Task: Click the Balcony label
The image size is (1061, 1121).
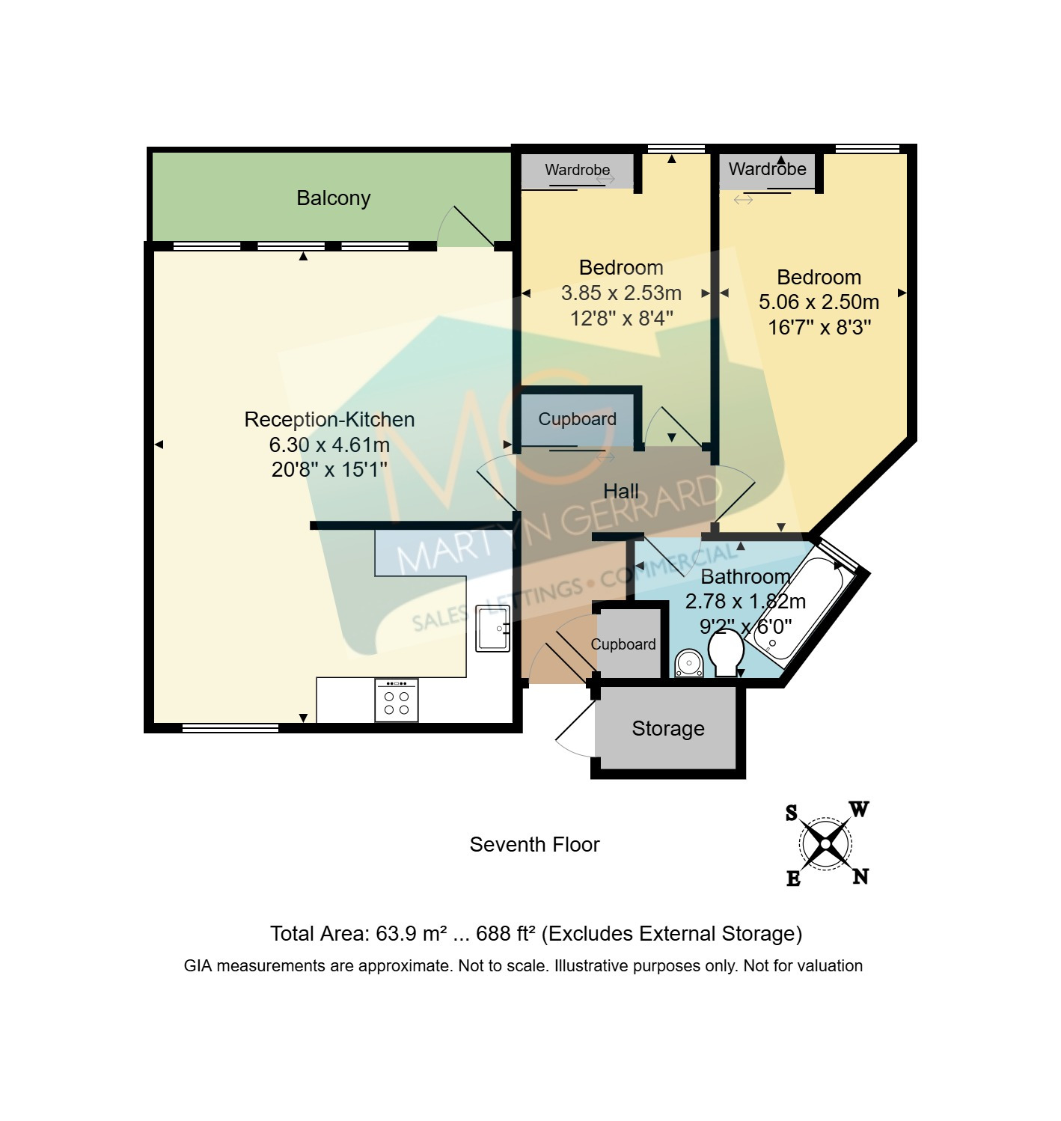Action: click(334, 198)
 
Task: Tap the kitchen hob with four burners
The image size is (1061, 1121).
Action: click(397, 700)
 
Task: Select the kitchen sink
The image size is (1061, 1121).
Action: click(492, 629)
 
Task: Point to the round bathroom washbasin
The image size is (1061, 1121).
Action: click(688, 663)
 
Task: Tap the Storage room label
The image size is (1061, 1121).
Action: click(667, 728)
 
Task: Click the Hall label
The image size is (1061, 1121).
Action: click(620, 491)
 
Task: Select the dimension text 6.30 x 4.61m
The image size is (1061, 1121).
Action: click(329, 445)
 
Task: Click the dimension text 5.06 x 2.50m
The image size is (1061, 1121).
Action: click(819, 302)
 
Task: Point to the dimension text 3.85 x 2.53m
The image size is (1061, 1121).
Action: click(621, 293)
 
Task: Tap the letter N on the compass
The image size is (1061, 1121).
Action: click(860, 876)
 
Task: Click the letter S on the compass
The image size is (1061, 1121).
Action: click(792, 813)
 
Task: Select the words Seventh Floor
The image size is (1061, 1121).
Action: click(534, 844)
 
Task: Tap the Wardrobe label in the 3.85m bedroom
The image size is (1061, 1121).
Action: click(577, 170)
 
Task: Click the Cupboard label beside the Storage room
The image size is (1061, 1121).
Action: click(623, 644)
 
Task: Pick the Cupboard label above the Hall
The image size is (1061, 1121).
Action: click(577, 419)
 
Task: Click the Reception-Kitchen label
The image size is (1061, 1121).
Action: click(329, 419)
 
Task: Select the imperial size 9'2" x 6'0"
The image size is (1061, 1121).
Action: click(746, 626)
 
